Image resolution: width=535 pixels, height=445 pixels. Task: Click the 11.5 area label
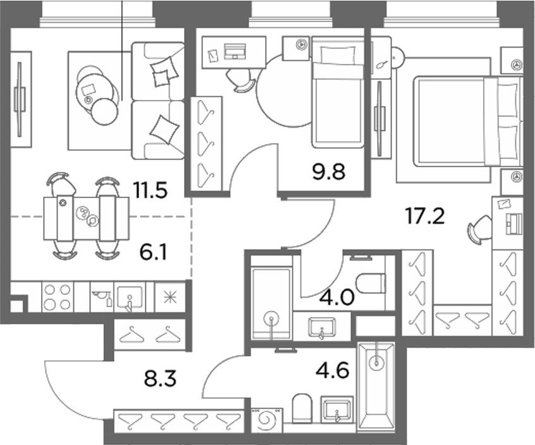[151, 191]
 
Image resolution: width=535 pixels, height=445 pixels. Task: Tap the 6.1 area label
[153, 253]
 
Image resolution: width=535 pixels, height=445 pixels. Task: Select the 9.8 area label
[329, 172]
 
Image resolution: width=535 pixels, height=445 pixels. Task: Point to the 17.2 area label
[425, 216]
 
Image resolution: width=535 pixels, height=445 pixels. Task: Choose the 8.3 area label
[160, 379]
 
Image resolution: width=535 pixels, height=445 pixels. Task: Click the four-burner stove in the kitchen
[58, 297]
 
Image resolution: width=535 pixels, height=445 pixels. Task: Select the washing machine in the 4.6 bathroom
[267, 421]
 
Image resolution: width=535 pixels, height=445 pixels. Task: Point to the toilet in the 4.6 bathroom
[302, 408]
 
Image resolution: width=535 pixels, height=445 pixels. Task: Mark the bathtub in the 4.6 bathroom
[376, 386]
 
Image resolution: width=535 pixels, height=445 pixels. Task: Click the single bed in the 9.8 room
[338, 92]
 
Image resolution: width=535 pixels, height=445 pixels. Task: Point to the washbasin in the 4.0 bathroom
[322, 327]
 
